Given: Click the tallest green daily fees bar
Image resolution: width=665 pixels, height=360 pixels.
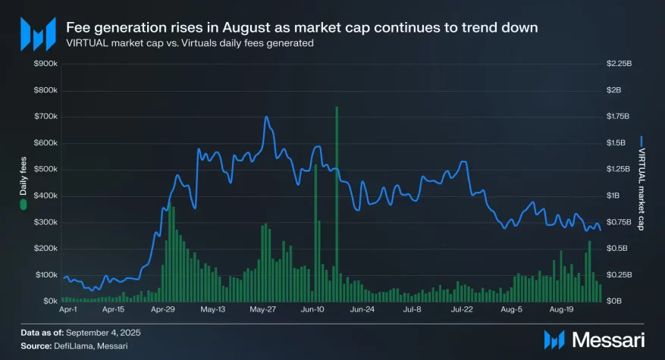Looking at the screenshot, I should pos(336,205).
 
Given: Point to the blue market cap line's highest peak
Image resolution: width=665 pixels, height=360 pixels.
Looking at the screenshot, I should pos(266,117).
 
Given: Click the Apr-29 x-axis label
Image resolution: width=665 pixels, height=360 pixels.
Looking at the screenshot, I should pos(164,310).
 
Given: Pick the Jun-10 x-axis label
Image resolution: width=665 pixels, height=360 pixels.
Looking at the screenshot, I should pos(313,310).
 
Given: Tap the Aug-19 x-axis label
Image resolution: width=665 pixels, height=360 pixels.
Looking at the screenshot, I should pos(561,310).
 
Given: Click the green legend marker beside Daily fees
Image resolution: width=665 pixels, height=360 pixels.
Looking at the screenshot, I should pos(24,205).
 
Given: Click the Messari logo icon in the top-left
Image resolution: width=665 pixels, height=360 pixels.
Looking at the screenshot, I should pos(37,34).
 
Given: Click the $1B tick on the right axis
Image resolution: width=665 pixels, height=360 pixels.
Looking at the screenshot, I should pos(613,196).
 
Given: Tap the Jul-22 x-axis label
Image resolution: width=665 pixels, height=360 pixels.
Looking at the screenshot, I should pos(462,310).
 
